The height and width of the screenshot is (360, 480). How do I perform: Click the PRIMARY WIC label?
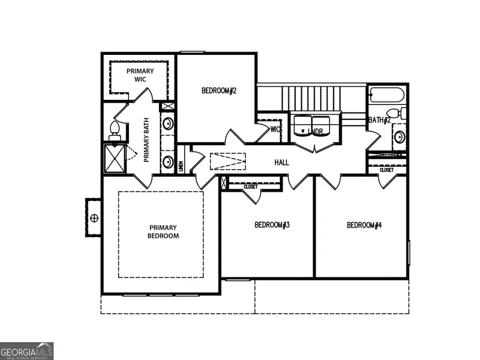(140, 75)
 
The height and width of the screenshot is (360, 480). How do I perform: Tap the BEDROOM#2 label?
(219, 91)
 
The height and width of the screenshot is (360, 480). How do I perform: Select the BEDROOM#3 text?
(272, 225)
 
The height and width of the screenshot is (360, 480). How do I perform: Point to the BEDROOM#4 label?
(364, 225)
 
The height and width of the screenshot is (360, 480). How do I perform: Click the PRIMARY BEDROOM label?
(164, 231)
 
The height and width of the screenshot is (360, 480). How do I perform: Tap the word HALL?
(282, 162)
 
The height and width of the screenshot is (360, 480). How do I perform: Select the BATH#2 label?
(379, 120)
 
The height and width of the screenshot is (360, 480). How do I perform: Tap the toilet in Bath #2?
(397, 114)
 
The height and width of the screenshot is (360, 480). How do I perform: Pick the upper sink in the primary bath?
(167, 124)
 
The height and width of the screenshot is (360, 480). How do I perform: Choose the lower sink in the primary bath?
(167, 161)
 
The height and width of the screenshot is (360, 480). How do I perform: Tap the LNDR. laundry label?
(318, 131)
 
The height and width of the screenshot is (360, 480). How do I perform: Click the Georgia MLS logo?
(27, 351)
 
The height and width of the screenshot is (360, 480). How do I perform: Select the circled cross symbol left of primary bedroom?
(95, 218)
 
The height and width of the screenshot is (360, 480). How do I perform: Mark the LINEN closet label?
(181, 166)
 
